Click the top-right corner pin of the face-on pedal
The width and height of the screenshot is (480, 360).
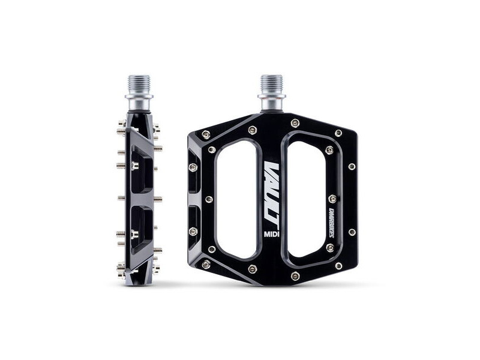[x=338, y=133]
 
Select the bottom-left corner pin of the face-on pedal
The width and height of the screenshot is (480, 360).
[x=206, y=264]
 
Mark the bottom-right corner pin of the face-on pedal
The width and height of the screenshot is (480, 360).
[x=338, y=265]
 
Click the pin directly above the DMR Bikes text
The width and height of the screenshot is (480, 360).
[x=332, y=199]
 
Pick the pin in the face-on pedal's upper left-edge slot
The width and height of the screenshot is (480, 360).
[x=193, y=167]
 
